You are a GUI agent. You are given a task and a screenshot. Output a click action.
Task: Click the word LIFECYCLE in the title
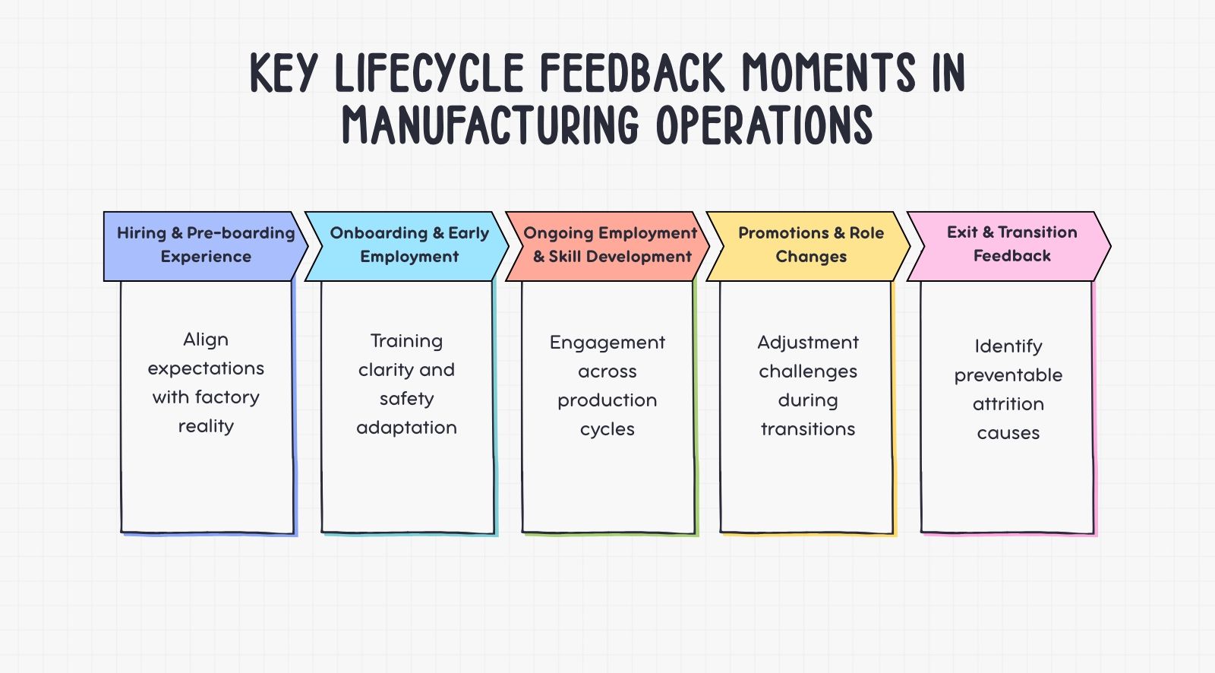(429, 74)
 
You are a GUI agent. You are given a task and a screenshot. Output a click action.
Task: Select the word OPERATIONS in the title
(765, 125)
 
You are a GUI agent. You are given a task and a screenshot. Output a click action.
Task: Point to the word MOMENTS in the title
(828, 74)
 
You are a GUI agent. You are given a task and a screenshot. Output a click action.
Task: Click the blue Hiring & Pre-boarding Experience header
(205, 245)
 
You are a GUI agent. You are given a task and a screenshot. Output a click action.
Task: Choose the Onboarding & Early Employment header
(409, 245)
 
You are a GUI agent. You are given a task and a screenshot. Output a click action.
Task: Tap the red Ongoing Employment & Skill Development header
(610, 245)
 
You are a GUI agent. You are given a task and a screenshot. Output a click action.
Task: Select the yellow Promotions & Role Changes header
(810, 245)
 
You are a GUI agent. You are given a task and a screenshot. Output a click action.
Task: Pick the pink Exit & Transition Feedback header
(1011, 244)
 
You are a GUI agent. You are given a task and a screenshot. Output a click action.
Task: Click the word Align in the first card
(206, 340)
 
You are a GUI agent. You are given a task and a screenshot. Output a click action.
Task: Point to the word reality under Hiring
(206, 426)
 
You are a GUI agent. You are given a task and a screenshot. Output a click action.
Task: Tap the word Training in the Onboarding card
(406, 341)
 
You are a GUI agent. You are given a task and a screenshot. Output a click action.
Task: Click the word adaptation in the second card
(406, 428)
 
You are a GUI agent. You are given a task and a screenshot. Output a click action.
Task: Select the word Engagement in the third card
(607, 343)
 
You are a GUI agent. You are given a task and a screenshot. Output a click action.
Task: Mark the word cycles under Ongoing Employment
(607, 429)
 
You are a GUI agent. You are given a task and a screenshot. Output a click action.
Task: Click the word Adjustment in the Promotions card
(808, 343)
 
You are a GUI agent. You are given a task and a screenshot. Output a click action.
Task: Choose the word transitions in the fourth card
(808, 429)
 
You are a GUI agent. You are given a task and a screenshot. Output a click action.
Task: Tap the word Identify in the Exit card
(1008, 346)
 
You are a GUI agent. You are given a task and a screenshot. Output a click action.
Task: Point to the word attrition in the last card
(1008, 404)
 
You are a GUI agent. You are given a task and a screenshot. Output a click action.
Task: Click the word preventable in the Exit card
(1008, 375)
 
